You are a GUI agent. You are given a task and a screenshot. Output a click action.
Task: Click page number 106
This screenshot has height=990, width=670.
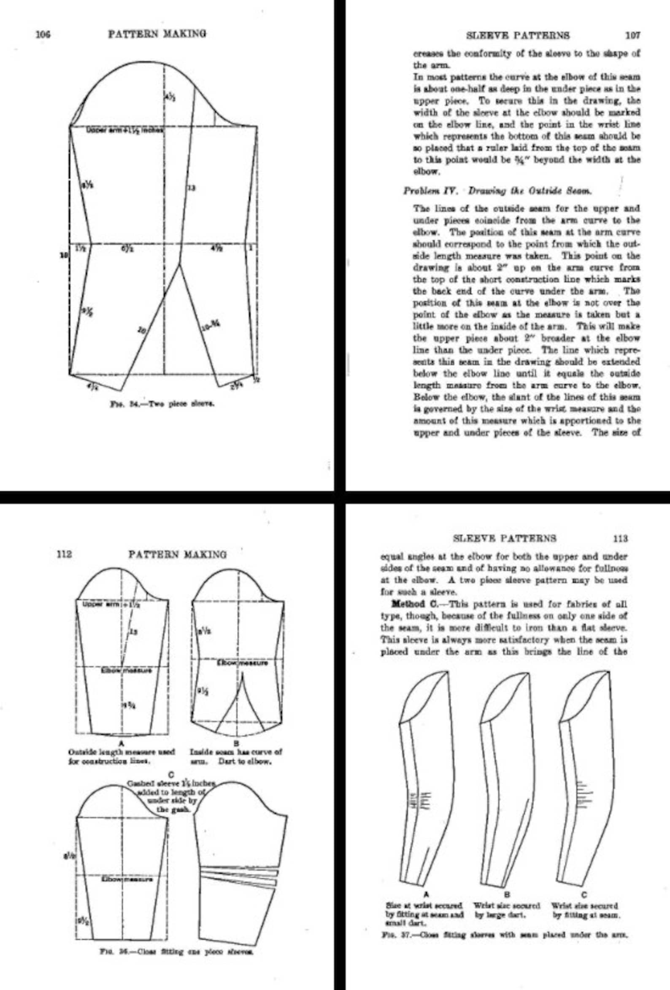tap(43, 35)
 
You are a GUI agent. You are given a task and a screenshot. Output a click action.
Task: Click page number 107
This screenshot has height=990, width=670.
tap(632, 35)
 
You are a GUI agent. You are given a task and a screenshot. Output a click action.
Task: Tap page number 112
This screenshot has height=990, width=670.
tap(64, 554)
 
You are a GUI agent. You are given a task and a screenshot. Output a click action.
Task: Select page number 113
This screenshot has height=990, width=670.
tap(620, 539)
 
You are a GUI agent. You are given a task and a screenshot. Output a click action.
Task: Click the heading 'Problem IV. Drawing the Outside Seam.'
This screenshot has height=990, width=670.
tap(497, 191)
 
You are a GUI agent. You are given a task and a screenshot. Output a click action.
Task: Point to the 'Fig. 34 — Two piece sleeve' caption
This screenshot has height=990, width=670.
tap(162, 403)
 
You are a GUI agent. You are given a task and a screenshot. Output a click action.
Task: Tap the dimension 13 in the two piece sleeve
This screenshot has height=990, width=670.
tap(192, 187)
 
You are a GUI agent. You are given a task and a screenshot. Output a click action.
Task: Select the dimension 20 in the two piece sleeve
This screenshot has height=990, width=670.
tap(141, 329)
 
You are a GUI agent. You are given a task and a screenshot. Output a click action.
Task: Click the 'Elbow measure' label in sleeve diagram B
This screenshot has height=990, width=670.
tap(243, 663)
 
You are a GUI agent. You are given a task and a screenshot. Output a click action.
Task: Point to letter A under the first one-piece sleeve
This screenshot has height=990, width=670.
tap(121, 743)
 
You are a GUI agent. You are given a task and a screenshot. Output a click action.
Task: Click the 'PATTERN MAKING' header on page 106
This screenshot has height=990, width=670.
tap(157, 34)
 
